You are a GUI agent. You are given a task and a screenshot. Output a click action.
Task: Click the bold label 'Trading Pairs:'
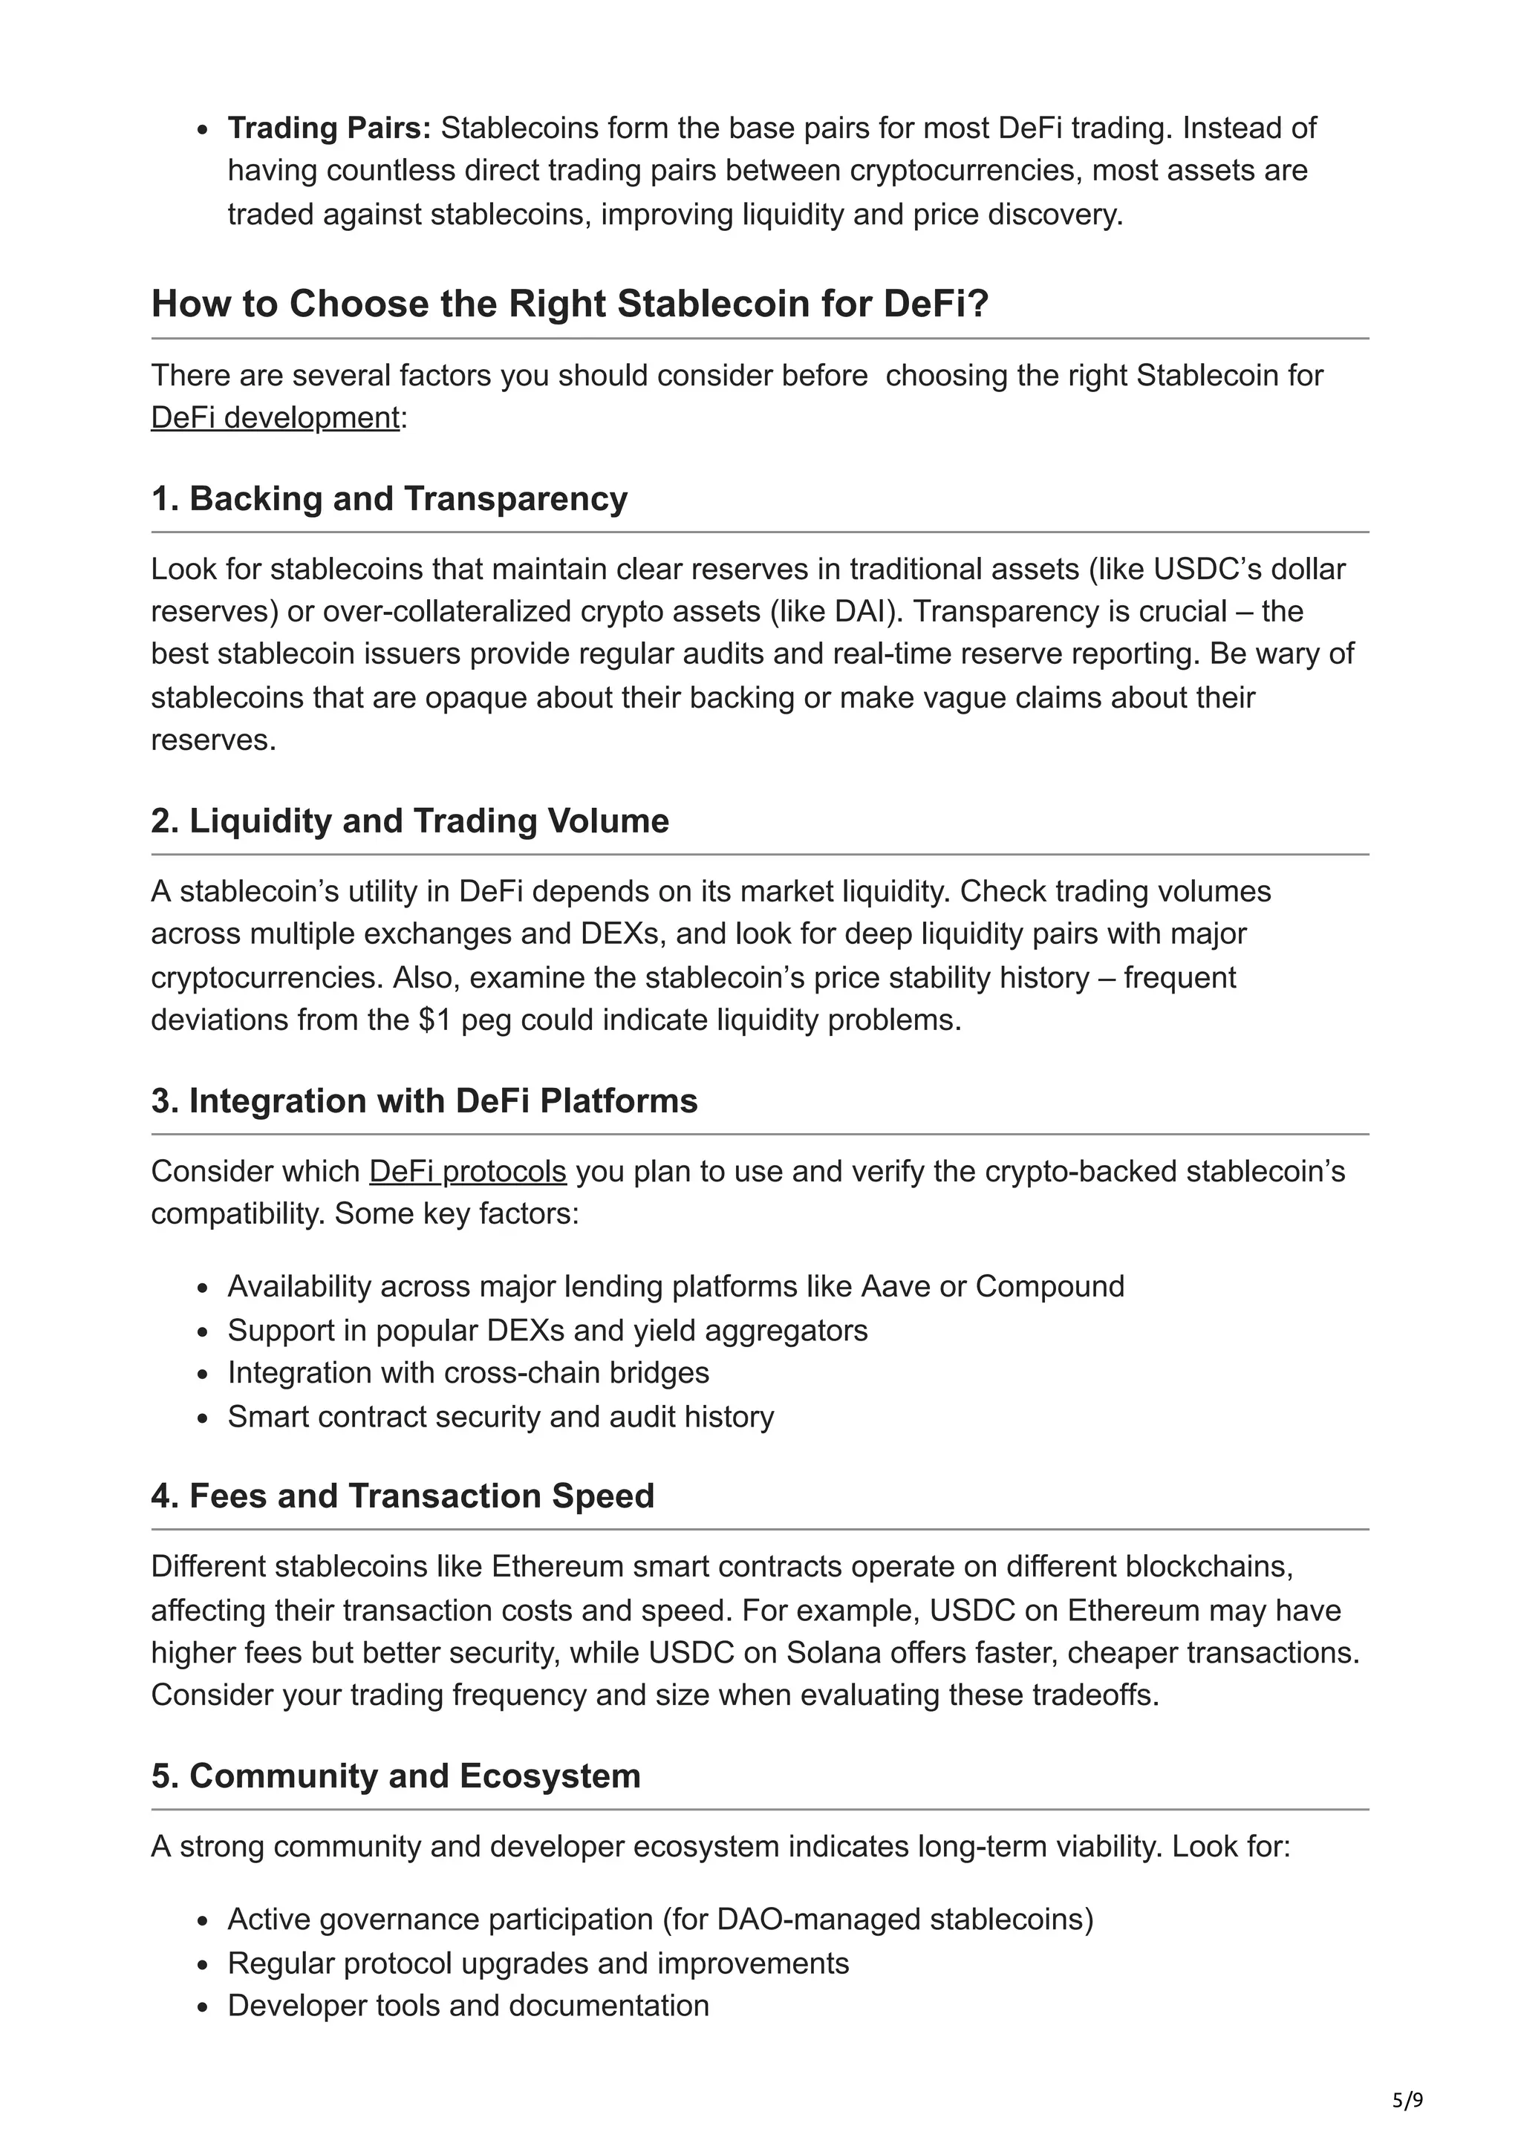(x=329, y=128)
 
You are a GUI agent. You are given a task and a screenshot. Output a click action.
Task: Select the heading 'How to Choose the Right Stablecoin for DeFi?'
(x=570, y=304)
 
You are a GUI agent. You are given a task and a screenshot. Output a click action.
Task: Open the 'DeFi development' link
(x=276, y=417)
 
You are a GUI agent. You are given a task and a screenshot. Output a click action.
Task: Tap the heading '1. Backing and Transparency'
(x=389, y=498)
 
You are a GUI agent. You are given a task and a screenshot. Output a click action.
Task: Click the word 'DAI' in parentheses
(x=859, y=611)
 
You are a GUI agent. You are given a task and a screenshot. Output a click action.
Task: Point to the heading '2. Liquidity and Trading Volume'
(x=409, y=821)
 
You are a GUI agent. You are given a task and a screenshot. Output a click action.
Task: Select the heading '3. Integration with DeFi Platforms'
(x=423, y=1101)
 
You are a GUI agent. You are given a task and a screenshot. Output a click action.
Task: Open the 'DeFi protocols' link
(x=468, y=1172)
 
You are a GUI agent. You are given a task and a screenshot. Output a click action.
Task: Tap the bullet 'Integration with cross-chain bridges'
(x=468, y=1372)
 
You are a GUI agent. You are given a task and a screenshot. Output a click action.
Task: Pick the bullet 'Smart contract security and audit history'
(x=501, y=1415)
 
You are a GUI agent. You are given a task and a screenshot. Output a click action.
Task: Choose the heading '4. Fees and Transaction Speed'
(x=402, y=1496)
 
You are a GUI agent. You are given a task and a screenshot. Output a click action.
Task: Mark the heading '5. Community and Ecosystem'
(x=396, y=1776)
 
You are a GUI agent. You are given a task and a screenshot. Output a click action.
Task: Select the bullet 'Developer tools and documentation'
(x=468, y=2006)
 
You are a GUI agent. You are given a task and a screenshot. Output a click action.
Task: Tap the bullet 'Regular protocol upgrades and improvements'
(x=538, y=1963)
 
